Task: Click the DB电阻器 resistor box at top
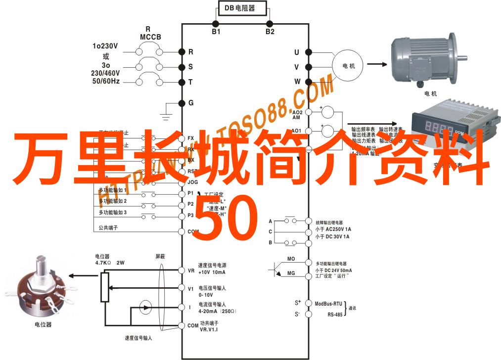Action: click(242, 8)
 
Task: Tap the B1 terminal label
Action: click(216, 32)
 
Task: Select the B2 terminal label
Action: click(270, 32)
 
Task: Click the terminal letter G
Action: click(191, 103)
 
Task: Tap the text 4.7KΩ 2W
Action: click(109, 263)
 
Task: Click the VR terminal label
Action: click(191, 270)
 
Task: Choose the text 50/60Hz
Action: click(105, 80)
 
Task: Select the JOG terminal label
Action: click(193, 181)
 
